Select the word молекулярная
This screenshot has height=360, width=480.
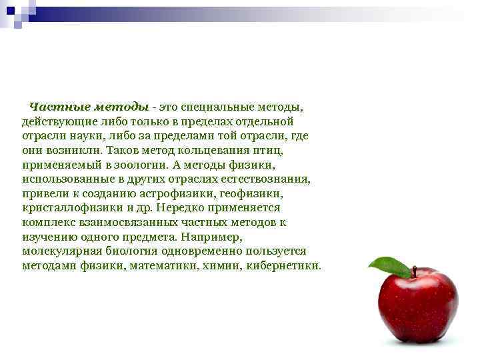[x=61, y=251]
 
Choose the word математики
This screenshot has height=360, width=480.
[x=168, y=266]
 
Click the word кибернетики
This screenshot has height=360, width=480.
[x=283, y=266]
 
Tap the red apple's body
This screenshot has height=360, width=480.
[x=418, y=307]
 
